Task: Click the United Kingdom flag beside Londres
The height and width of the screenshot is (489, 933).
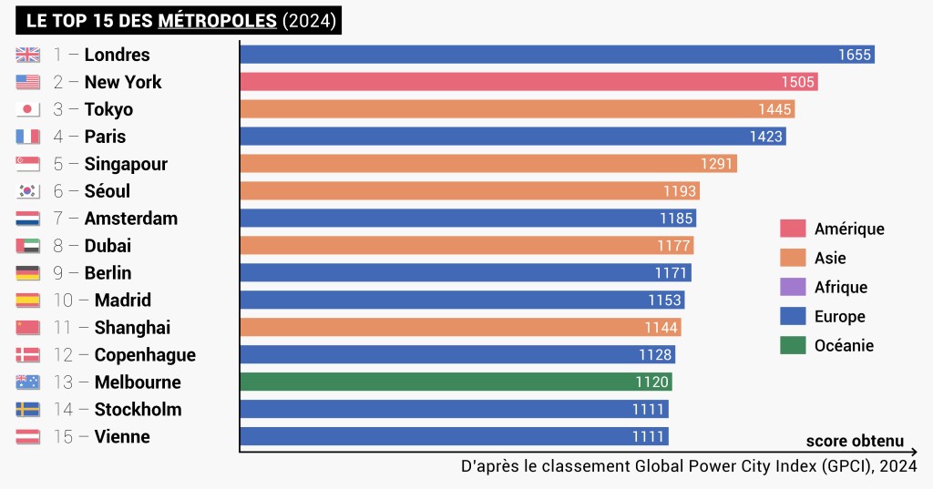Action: (27, 55)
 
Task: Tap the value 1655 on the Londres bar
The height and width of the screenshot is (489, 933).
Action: (855, 55)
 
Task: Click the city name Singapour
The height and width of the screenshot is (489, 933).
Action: (126, 164)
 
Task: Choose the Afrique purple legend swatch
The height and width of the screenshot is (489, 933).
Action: (793, 288)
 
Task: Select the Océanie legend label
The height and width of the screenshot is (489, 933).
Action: (844, 346)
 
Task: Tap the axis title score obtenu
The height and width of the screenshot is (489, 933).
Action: (855, 442)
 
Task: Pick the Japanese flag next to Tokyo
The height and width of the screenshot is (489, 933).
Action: (27, 109)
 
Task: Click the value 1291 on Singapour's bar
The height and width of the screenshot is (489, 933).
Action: (717, 164)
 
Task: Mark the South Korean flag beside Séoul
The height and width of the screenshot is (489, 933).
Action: (27, 191)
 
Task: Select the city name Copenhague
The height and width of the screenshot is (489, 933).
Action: (145, 355)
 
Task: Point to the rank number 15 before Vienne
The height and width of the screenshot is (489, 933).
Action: (63, 437)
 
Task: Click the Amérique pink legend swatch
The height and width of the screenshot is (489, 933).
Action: (793, 229)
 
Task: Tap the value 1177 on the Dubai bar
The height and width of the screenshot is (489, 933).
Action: (674, 246)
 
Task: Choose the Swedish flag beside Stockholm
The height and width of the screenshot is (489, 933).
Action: (27, 410)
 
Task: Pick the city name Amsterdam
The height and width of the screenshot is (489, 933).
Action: (131, 219)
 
